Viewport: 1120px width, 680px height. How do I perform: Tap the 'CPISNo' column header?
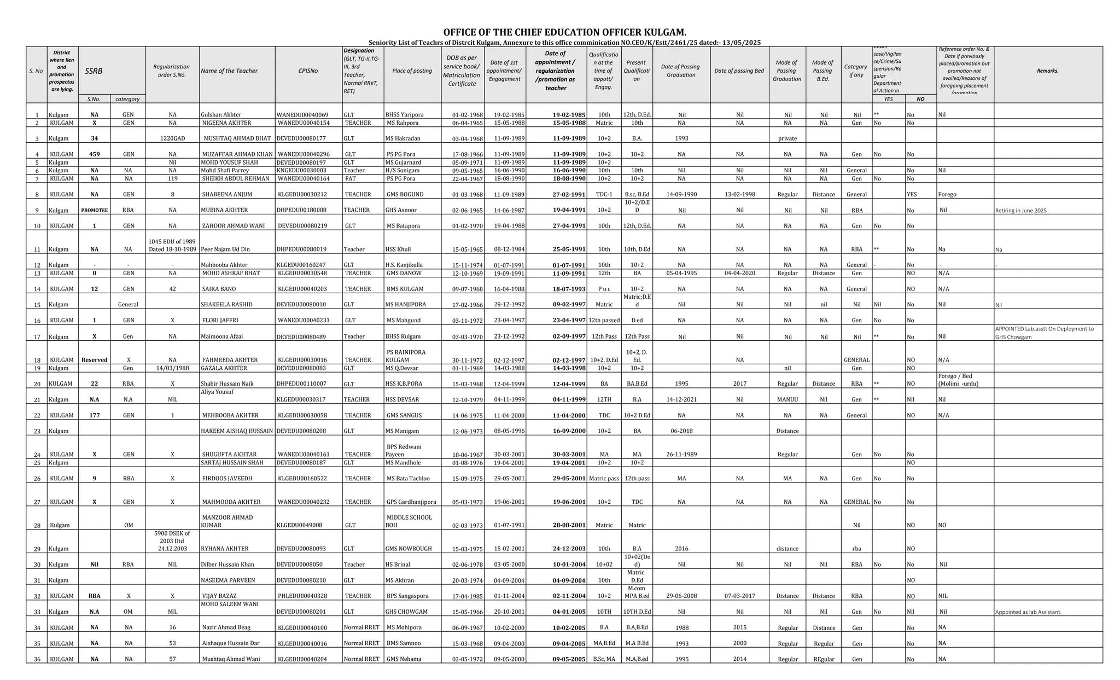(308, 71)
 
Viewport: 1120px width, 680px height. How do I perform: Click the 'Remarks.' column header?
(1047, 71)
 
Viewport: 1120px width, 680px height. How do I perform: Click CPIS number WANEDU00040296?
(304, 154)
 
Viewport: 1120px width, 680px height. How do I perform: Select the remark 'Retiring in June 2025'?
(1020, 211)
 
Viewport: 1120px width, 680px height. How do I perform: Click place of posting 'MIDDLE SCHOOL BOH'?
(409, 521)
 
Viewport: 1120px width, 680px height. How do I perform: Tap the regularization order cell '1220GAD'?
(172, 138)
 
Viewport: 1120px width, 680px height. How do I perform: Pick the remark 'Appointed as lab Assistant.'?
(1028, 612)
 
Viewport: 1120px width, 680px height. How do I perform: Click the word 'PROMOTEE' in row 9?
(95, 211)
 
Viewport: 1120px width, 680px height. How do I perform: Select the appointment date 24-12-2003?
(569, 549)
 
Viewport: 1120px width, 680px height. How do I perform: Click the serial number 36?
(37, 659)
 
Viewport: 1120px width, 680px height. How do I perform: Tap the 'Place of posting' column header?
(412, 71)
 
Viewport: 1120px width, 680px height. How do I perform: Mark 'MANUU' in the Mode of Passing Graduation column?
(787, 400)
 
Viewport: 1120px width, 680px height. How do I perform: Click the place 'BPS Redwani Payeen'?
(404, 451)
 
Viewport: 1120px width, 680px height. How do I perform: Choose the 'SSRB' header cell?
(94, 71)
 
